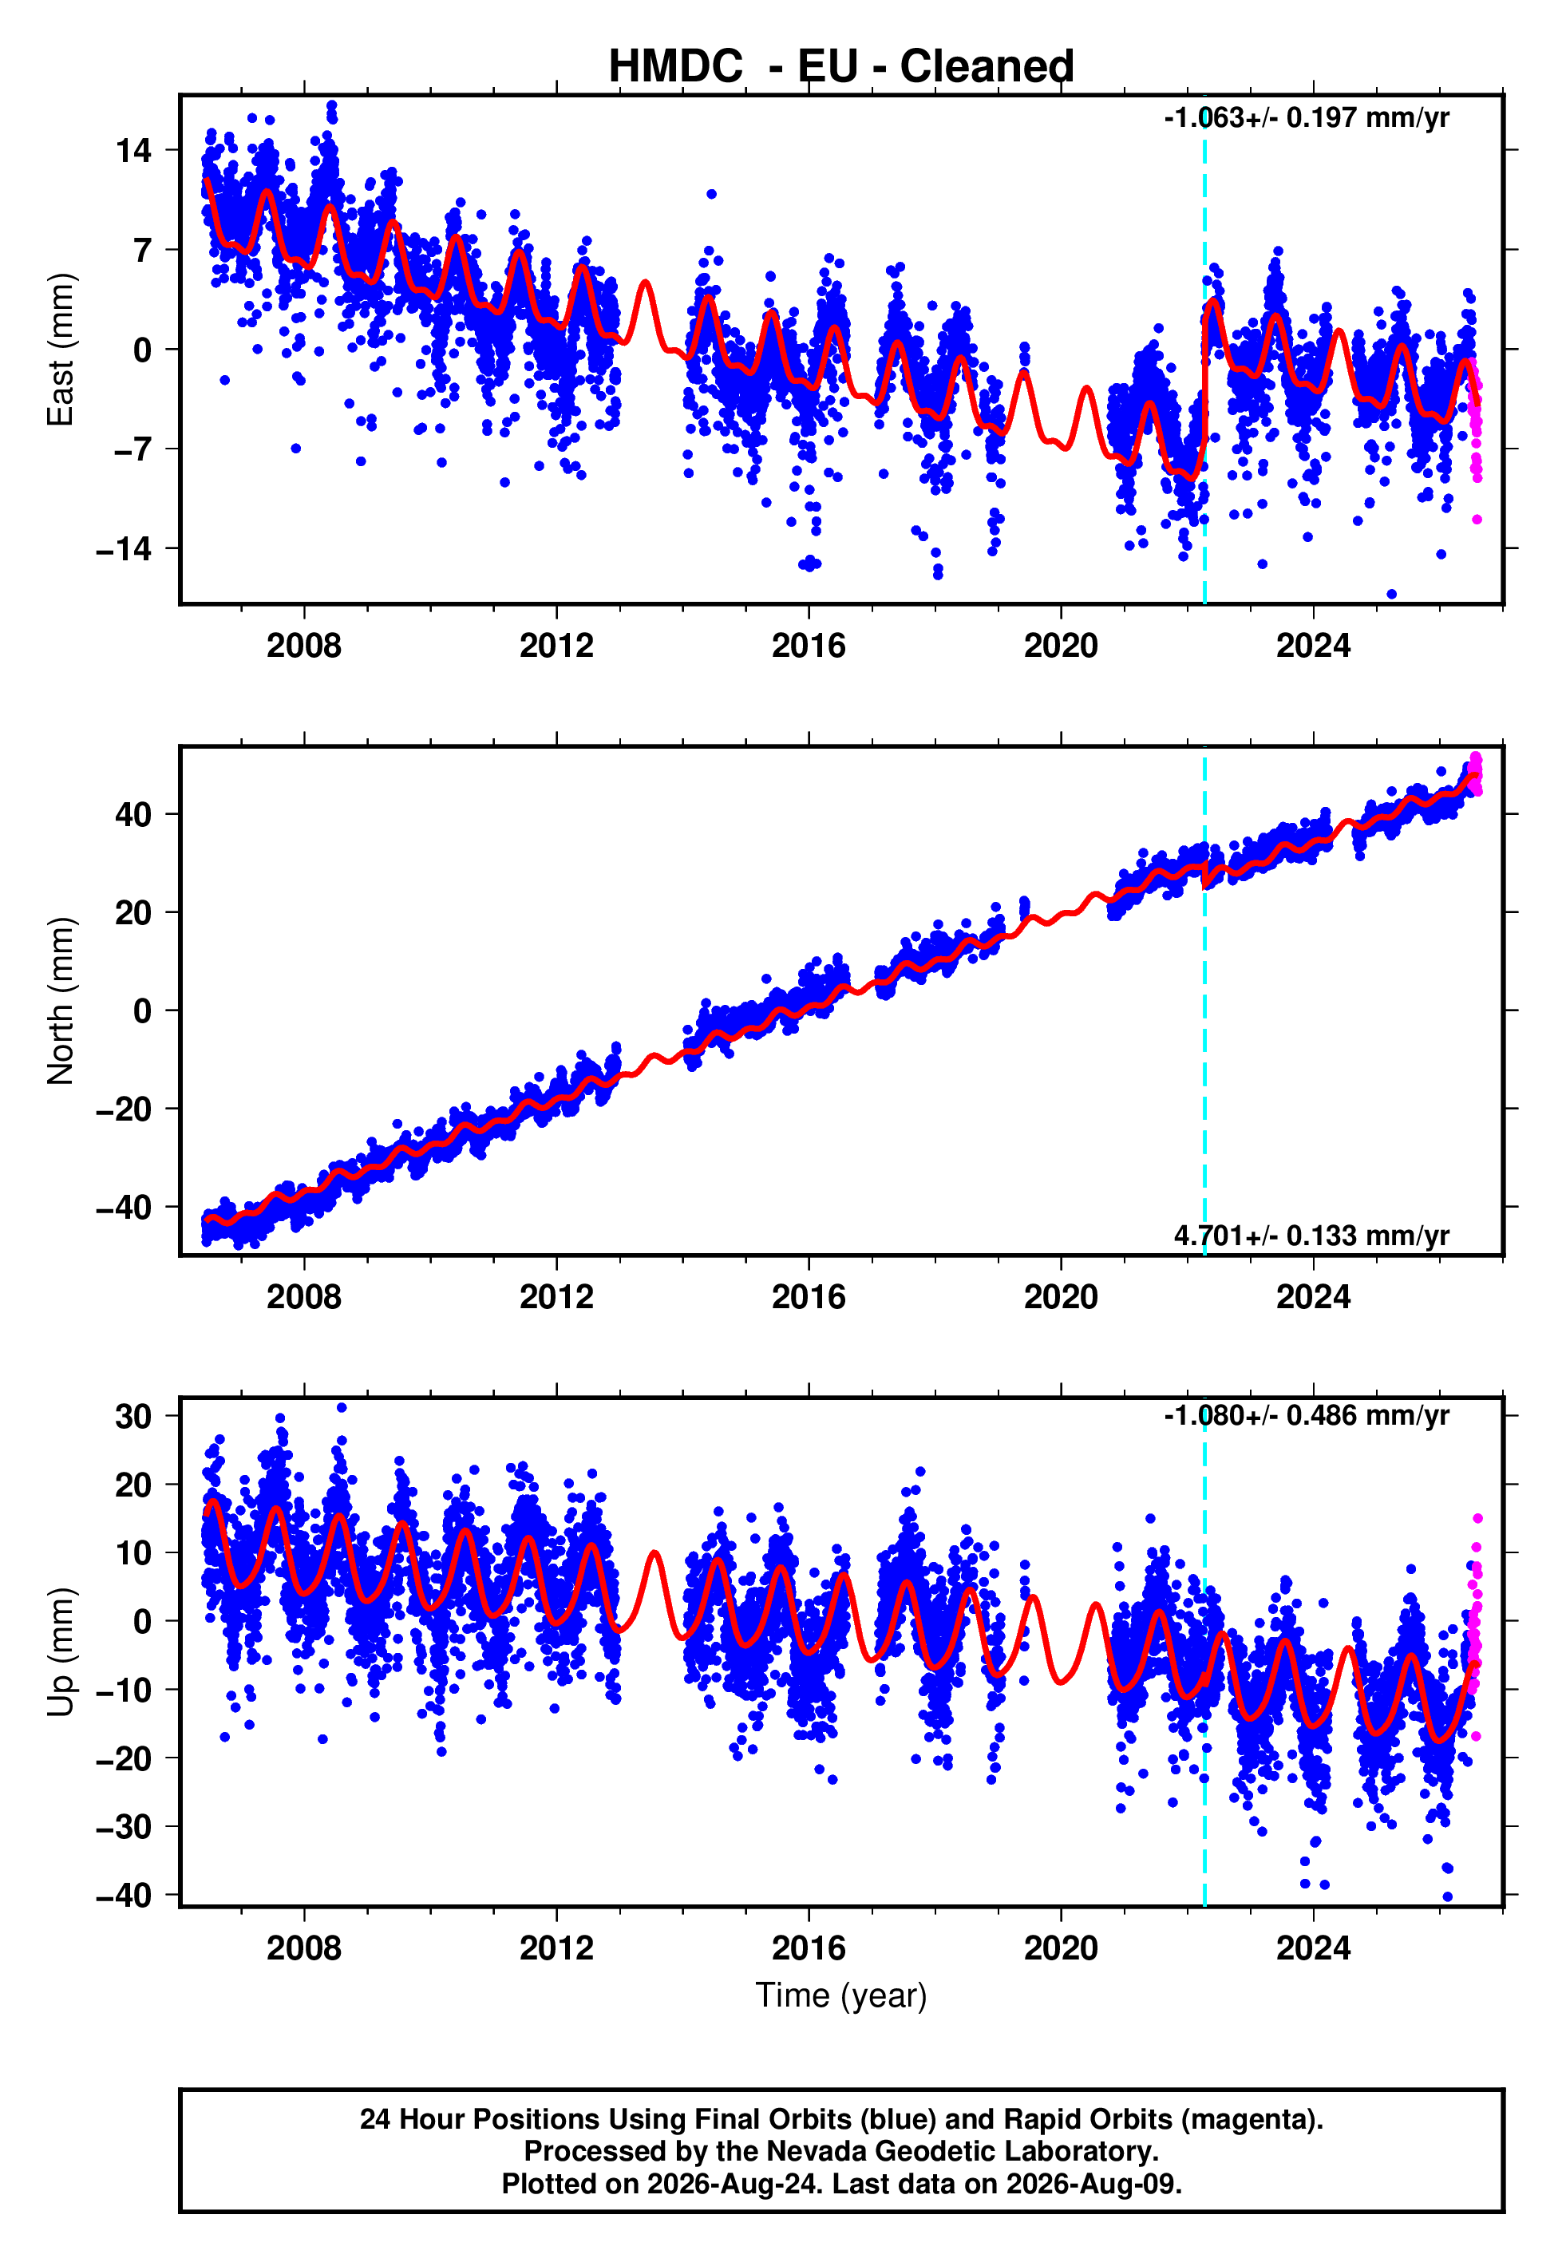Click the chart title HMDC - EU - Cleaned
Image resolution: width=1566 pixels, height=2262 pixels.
click(841, 67)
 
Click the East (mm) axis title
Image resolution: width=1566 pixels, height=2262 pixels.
click(61, 350)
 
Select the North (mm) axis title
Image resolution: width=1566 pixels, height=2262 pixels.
click(61, 1001)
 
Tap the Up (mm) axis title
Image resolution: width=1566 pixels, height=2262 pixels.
click(61, 1651)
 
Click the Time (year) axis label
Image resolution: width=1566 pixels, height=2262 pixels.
click(841, 1996)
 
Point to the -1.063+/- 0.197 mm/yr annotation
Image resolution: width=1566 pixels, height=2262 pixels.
click(1306, 117)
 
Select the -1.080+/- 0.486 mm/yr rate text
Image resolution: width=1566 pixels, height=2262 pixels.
click(1306, 1415)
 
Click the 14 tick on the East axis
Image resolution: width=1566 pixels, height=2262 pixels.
click(133, 150)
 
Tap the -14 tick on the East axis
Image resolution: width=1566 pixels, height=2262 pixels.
click(124, 549)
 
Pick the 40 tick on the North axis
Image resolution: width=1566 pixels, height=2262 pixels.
click(133, 814)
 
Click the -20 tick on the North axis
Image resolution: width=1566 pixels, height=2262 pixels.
click(124, 1109)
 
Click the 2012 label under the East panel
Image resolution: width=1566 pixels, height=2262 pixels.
click(556, 646)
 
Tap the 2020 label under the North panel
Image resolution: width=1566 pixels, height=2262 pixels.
click(1061, 1297)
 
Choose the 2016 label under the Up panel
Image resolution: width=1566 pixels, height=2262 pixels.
click(809, 1948)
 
